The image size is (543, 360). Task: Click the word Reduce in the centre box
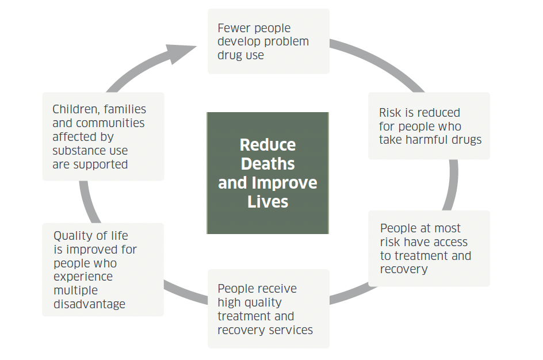point(267,144)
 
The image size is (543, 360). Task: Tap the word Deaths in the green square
point(267,164)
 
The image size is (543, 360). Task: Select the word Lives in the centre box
point(267,202)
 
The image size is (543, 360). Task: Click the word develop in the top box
point(240,42)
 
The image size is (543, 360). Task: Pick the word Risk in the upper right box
point(390,113)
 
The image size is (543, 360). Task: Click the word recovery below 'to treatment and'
point(404,269)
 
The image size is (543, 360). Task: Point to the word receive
point(277,289)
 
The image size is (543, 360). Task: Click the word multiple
point(76,290)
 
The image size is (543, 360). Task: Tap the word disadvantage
point(89,304)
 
